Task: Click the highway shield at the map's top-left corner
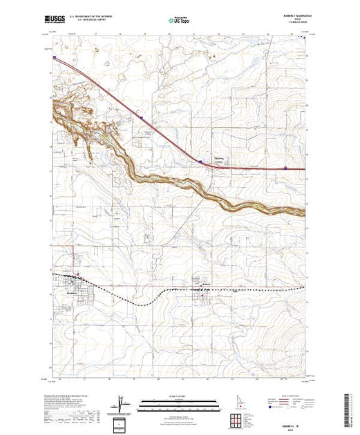click(53, 58)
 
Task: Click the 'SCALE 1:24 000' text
click(178, 395)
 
